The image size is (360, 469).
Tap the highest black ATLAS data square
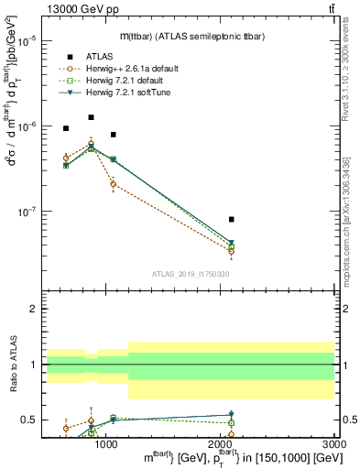point(91,117)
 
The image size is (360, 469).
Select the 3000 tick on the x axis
point(334,442)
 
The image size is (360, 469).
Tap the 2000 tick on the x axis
point(221,442)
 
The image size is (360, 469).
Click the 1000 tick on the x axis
point(106,442)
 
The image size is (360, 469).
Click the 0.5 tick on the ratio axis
point(30,420)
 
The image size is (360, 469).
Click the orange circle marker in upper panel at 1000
point(114,184)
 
